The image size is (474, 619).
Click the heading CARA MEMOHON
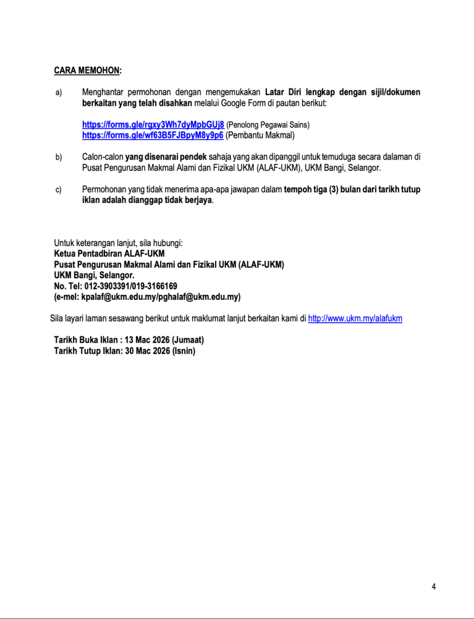(x=86, y=71)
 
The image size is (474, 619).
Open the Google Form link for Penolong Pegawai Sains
(x=153, y=125)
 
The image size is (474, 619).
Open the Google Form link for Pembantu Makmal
(x=153, y=135)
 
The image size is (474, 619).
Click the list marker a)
(x=59, y=93)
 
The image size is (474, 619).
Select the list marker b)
(x=59, y=157)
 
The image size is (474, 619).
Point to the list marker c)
(x=59, y=190)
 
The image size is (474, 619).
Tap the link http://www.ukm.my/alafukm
(x=355, y=318)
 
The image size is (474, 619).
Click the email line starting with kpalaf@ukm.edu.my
(x=147, y=297)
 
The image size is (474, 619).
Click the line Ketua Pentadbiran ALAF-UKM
(x=109, y=253)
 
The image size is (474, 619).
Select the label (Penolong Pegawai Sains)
(x=267, y=125)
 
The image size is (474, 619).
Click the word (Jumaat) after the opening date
(x=187, y=340)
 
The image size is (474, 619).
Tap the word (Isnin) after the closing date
(x=184, y=351)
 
